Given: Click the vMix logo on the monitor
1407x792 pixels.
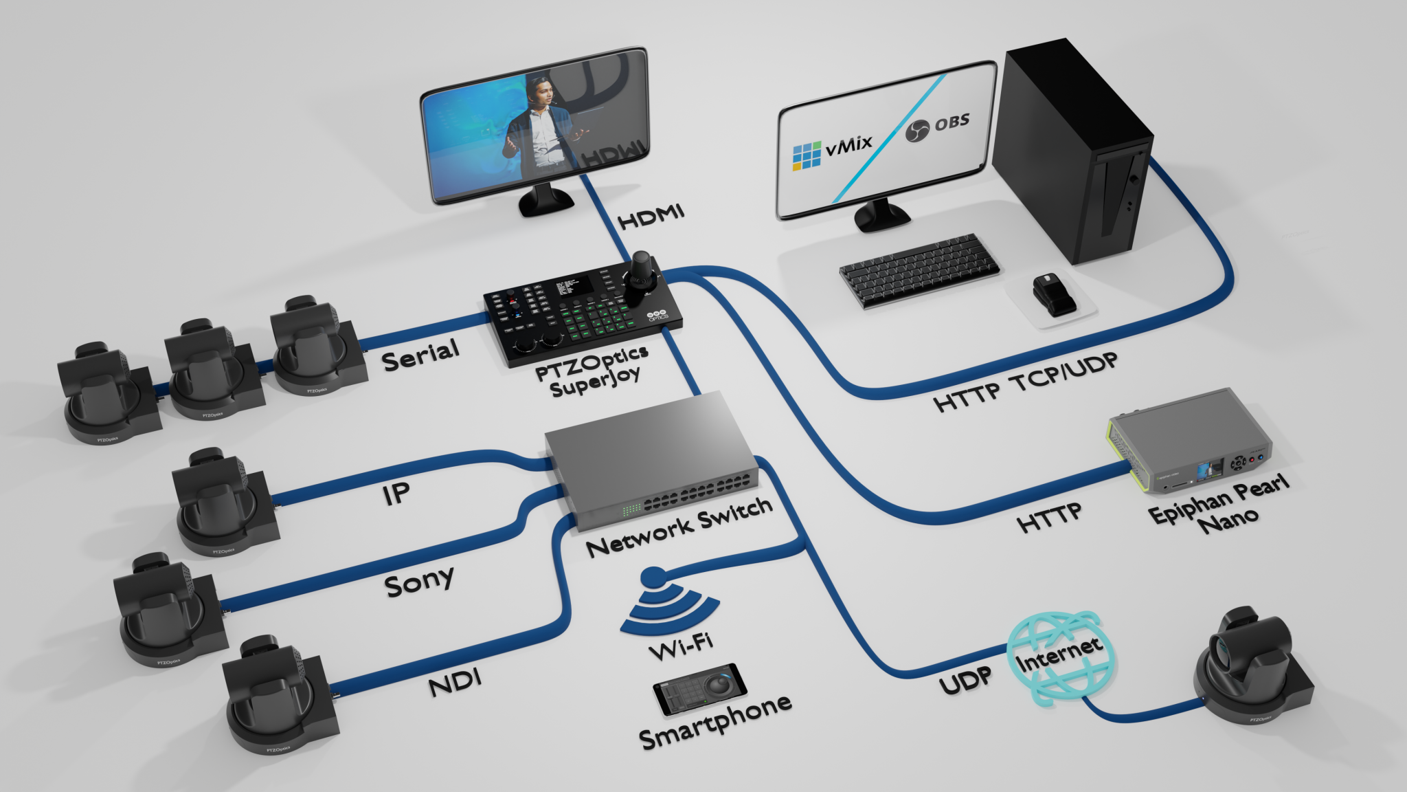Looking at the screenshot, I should click(832, 149).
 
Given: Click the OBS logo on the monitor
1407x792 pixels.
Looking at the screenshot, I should click(937, 126).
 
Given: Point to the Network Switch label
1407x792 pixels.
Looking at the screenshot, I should click(679, 526).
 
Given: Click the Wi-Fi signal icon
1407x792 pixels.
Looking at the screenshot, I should click(668, 602).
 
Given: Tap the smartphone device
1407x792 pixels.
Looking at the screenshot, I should click(699, 689).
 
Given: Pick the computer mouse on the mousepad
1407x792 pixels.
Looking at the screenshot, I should click(1052, 295).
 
